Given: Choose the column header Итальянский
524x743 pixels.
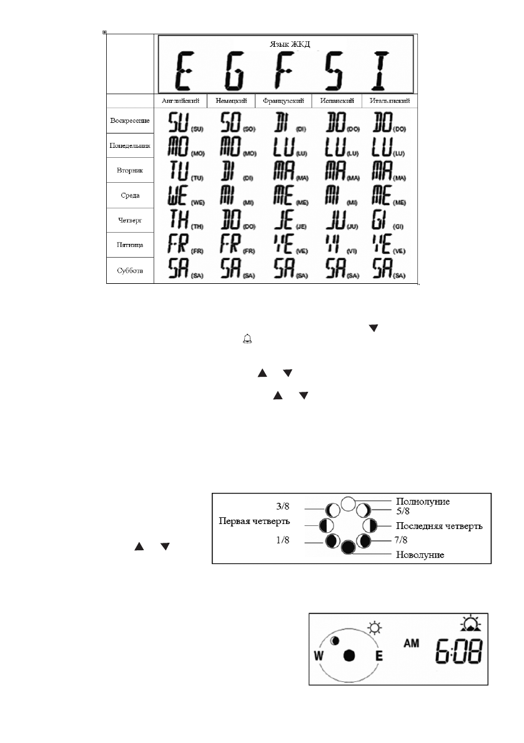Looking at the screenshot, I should tap(390, 100).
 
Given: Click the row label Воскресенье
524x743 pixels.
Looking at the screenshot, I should tap(129, 120).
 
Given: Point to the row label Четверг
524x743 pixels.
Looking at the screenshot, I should tap(129, 220).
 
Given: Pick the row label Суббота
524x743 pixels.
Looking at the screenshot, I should tap(129, 270).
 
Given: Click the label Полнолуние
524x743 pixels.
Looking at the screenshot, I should tap(423, 501).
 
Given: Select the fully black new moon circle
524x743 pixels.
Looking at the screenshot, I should tap(349, 547).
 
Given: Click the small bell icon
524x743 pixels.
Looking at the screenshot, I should tap(248, 339).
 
